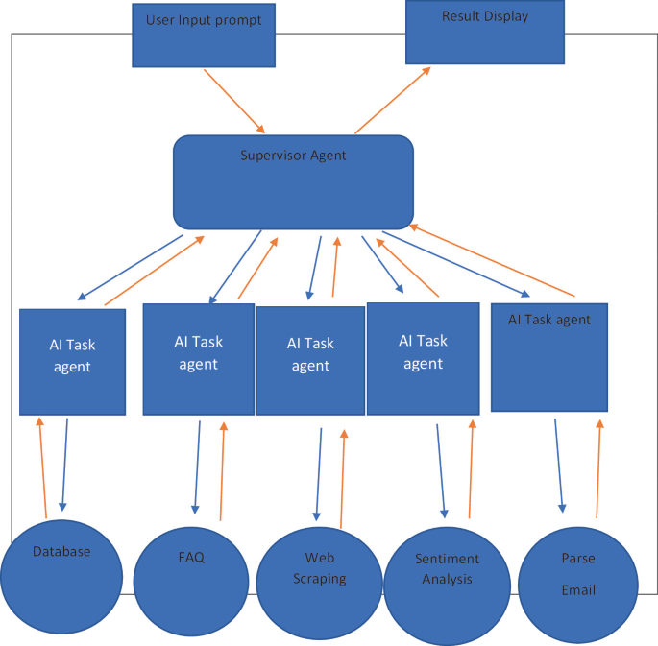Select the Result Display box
(x=484, y=32)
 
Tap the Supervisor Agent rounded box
(x=293, y=181)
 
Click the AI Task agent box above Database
(x=73, y=361)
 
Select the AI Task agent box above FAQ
(x=198, y=359)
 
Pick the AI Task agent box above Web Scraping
(x=310, y=360)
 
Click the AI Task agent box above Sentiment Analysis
(x=422, y=358)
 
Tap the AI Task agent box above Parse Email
(x=548, y=357)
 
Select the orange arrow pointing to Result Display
(x=392, y=101)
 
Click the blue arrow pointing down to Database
(x=65, y=465)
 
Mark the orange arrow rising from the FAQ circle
(x=222, y=470)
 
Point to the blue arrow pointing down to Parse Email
(x=559, y=465)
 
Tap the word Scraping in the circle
(x=319, y=578)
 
